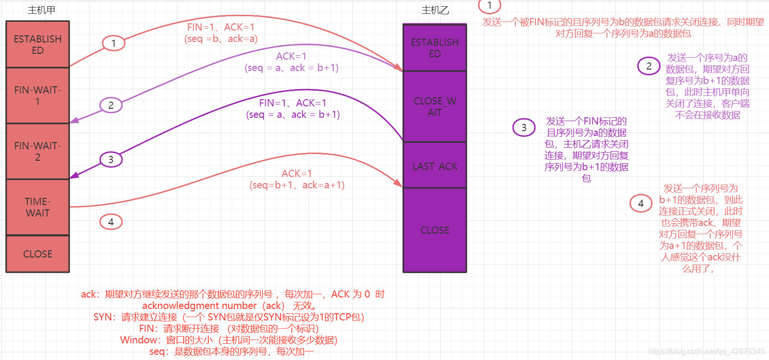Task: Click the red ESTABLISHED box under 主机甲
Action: [x=38, y=44]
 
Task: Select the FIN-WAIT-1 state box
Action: [x=38, y=95]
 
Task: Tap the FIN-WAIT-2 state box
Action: [x=38, y=151]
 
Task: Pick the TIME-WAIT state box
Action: [x=38, y=207]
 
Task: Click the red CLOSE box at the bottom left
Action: [x=38, y=254]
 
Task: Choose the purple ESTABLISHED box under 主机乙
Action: [x=434, y=48]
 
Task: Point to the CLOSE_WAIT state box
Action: [x=434, y=106]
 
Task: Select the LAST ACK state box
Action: [x=434, y=166]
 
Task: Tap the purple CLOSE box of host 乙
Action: [x=434, y=230]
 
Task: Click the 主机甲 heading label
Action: [x=41, y=10]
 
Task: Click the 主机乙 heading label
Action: [x=435, y=10]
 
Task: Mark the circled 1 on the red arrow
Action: [x=113, y=43]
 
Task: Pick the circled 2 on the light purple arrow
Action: [x=111, y=105]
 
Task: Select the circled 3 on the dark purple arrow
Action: [x=111, y=159]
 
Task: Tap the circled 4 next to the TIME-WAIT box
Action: [x=111, y=222]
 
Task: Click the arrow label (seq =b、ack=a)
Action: [x=221, y=39]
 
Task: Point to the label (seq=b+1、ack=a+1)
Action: [x=297, y=185]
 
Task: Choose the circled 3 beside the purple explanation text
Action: [x=524, y=127]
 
